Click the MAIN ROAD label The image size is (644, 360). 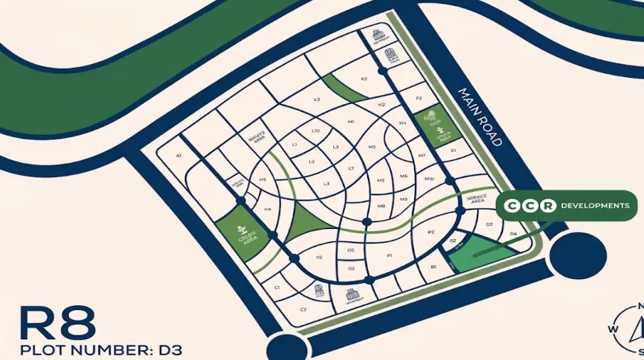(x=480, y=116)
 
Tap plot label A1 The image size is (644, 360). (x=178, y=156)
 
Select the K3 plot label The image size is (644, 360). (x=316, y=99)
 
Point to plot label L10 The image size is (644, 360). (x=315, y=131)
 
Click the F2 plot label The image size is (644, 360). (x=419, y=99)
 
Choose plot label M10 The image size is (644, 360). (x=430, y=179)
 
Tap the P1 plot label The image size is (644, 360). (x=390, y=255)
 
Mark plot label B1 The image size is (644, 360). (x=433, y=267)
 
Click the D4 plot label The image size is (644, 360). (x=514, y=234)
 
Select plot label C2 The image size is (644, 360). (x=303, y=309)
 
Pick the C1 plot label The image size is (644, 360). (x=276, y=287)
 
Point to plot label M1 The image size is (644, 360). (x=351, y=122)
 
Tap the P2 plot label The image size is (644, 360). (x=431, y=232)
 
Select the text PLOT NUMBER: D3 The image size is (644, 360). (x=93, y=349)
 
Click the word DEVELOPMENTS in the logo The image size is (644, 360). (x=595, y=206)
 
